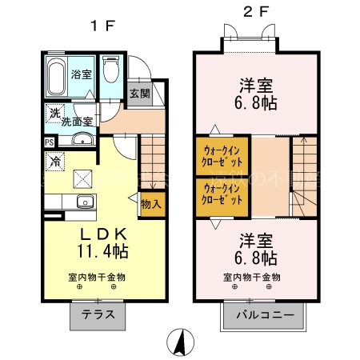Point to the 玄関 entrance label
138,94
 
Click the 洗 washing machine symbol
54,113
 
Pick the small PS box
50,142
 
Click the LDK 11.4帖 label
102,241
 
